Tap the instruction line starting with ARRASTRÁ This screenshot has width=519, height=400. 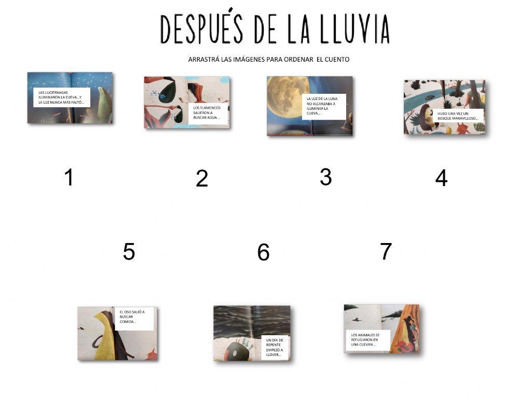coord(268,60)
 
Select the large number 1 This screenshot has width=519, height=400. coord(69,178)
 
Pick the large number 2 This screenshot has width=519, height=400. coord(202,179)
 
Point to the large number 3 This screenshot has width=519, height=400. coord(325,177)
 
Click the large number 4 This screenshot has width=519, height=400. coord(441,178)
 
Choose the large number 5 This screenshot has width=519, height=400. coord(129,252)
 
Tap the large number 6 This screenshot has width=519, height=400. coord(263,252)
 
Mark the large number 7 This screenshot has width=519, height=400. coord(385,251)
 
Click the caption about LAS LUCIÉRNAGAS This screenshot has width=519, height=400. coord(61,97)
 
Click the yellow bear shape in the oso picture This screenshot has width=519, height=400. coord(104,337)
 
